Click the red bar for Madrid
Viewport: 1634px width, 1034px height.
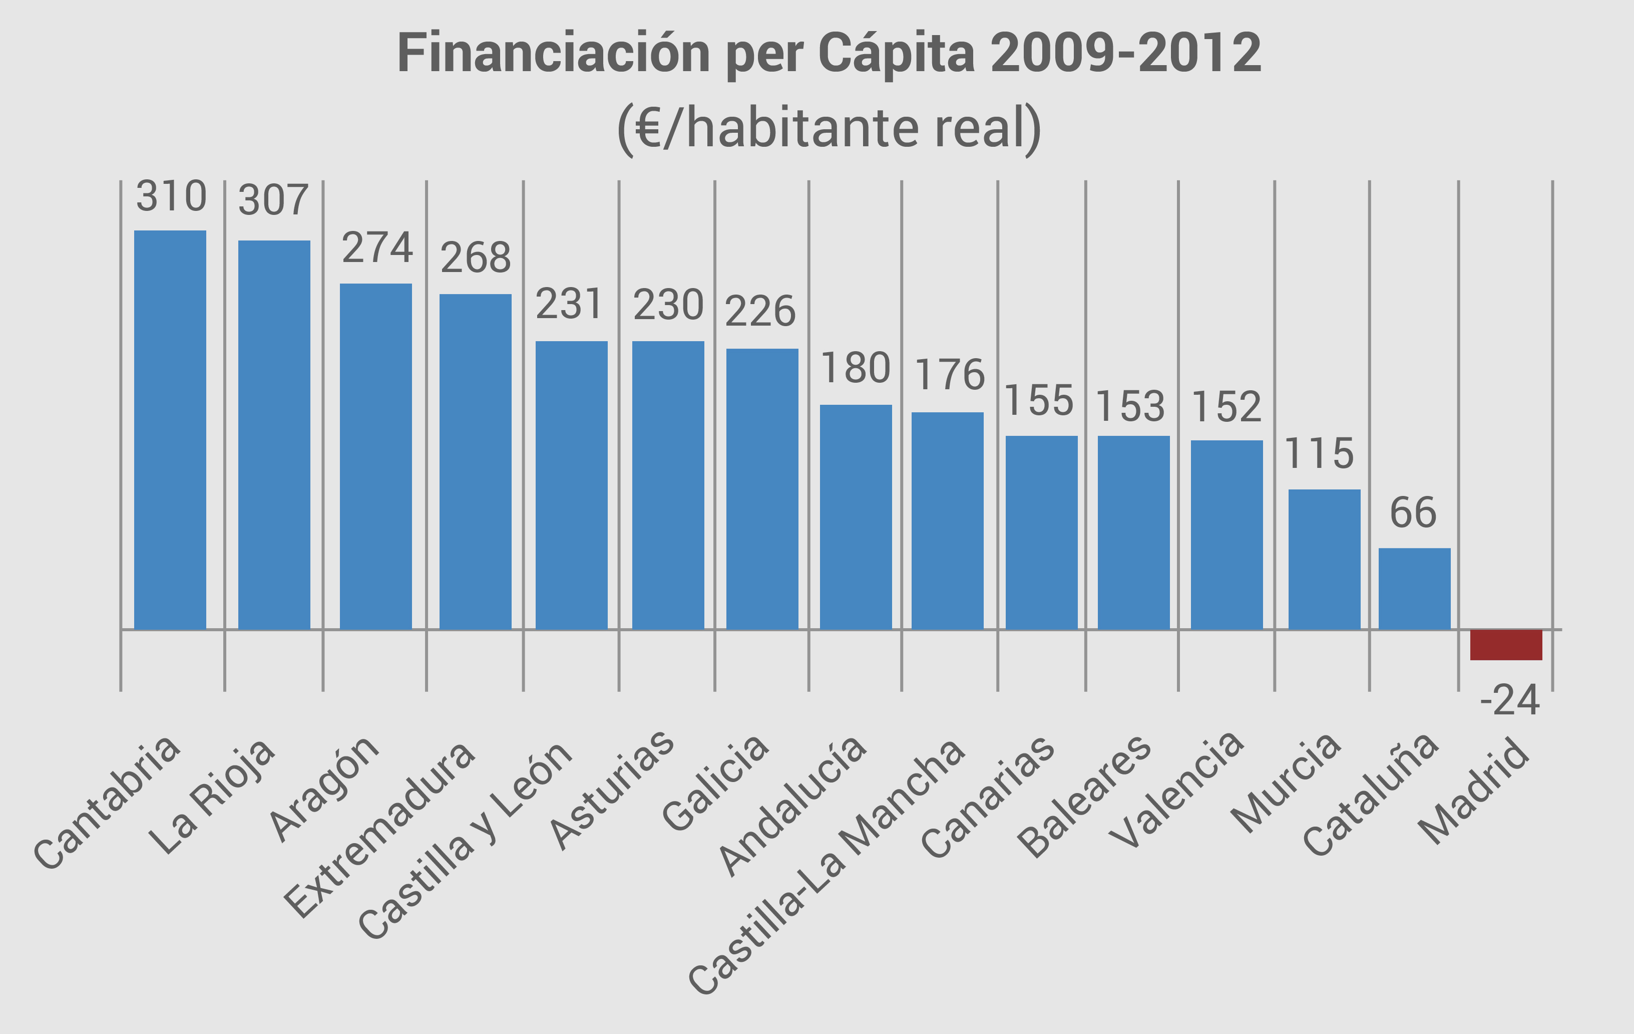pos(1506,644)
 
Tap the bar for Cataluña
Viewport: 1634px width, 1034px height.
pos(1414,588)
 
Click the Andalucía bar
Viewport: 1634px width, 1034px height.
pos(855,516)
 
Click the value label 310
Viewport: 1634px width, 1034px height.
pos(171,197)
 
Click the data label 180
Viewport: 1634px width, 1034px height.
pos(855,369)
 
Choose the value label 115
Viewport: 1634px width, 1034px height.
pos(1319,453)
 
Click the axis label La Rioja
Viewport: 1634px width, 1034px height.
pos(212,798)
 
